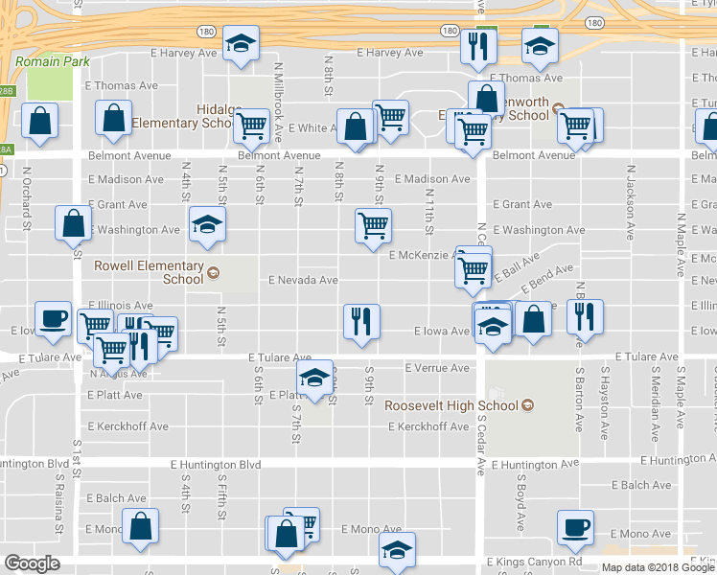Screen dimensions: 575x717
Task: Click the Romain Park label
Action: click(x=52, y=61)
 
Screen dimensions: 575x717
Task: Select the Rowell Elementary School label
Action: click(x=149, y=272)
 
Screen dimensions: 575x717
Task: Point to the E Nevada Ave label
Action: click(x=303, y=280)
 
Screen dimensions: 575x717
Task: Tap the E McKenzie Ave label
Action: click(x=422, y=255)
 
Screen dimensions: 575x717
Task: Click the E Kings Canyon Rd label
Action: click(x=534, y=562)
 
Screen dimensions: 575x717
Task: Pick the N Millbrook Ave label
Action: click(x=279, y=91)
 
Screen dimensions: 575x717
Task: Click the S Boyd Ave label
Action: click(x=520, y=502)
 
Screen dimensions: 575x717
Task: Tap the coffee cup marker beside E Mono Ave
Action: click(x=576, y=527)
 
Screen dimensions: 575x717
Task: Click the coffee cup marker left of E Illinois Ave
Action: click(x=53, y=318)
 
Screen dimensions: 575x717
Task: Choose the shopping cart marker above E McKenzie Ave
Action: click(x=373, y=227)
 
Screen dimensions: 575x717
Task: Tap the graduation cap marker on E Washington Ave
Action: click(x=204, y=224)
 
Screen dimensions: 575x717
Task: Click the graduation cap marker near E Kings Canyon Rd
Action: click(x=395, y=550)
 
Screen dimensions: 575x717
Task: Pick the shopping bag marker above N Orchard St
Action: click(x=39, y=122)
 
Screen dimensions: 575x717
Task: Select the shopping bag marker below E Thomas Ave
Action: click(x=114, y=119)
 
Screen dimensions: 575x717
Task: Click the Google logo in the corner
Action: click(x=32, y=563)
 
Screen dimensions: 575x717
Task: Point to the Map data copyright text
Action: click(x=657, y=567)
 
